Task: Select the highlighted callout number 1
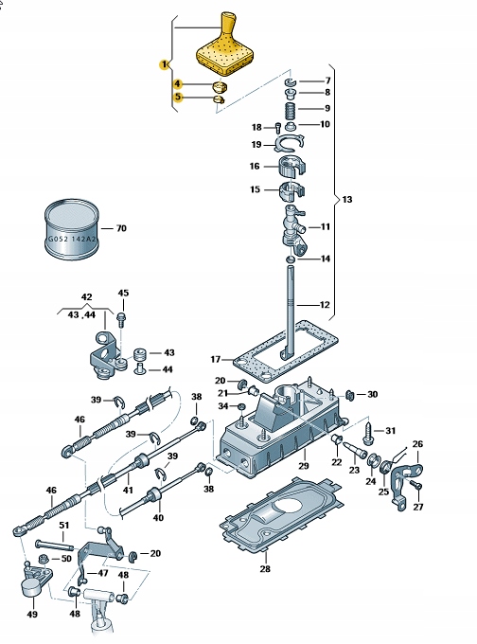pos(164,64)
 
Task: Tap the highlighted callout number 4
pos(177,84)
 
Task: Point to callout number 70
pos(120,228)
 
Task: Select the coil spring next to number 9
pos(291,109)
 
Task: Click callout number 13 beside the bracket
pos(346,200)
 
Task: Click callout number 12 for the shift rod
pos(326,305)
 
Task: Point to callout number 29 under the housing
pos(304,467)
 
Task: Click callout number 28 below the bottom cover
pos(265,569)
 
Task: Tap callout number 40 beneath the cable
pos(157,518)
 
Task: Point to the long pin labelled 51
pos(54,545)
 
